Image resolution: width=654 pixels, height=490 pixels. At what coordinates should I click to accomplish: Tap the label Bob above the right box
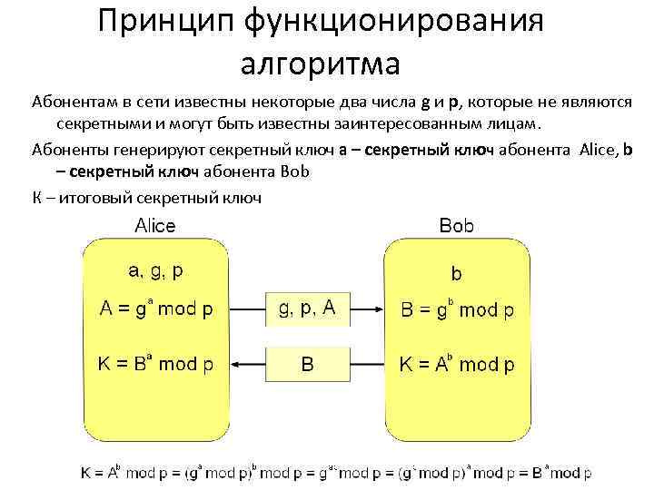456,226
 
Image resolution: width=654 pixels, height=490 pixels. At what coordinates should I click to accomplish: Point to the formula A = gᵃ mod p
156,309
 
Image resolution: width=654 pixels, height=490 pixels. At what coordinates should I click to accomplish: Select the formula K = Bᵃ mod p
156,365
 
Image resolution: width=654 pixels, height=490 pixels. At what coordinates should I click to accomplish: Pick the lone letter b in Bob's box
456,272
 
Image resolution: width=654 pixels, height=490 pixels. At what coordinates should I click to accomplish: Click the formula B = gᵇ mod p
457,309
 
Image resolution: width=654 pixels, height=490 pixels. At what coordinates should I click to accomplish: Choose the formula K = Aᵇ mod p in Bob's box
457,365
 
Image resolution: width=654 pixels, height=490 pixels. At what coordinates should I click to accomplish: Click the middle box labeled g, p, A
307,309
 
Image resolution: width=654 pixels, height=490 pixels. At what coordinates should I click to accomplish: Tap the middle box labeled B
307,365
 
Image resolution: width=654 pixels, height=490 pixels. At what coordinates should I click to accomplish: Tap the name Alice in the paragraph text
597,149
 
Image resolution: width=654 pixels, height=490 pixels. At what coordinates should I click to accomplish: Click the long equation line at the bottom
336,472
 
